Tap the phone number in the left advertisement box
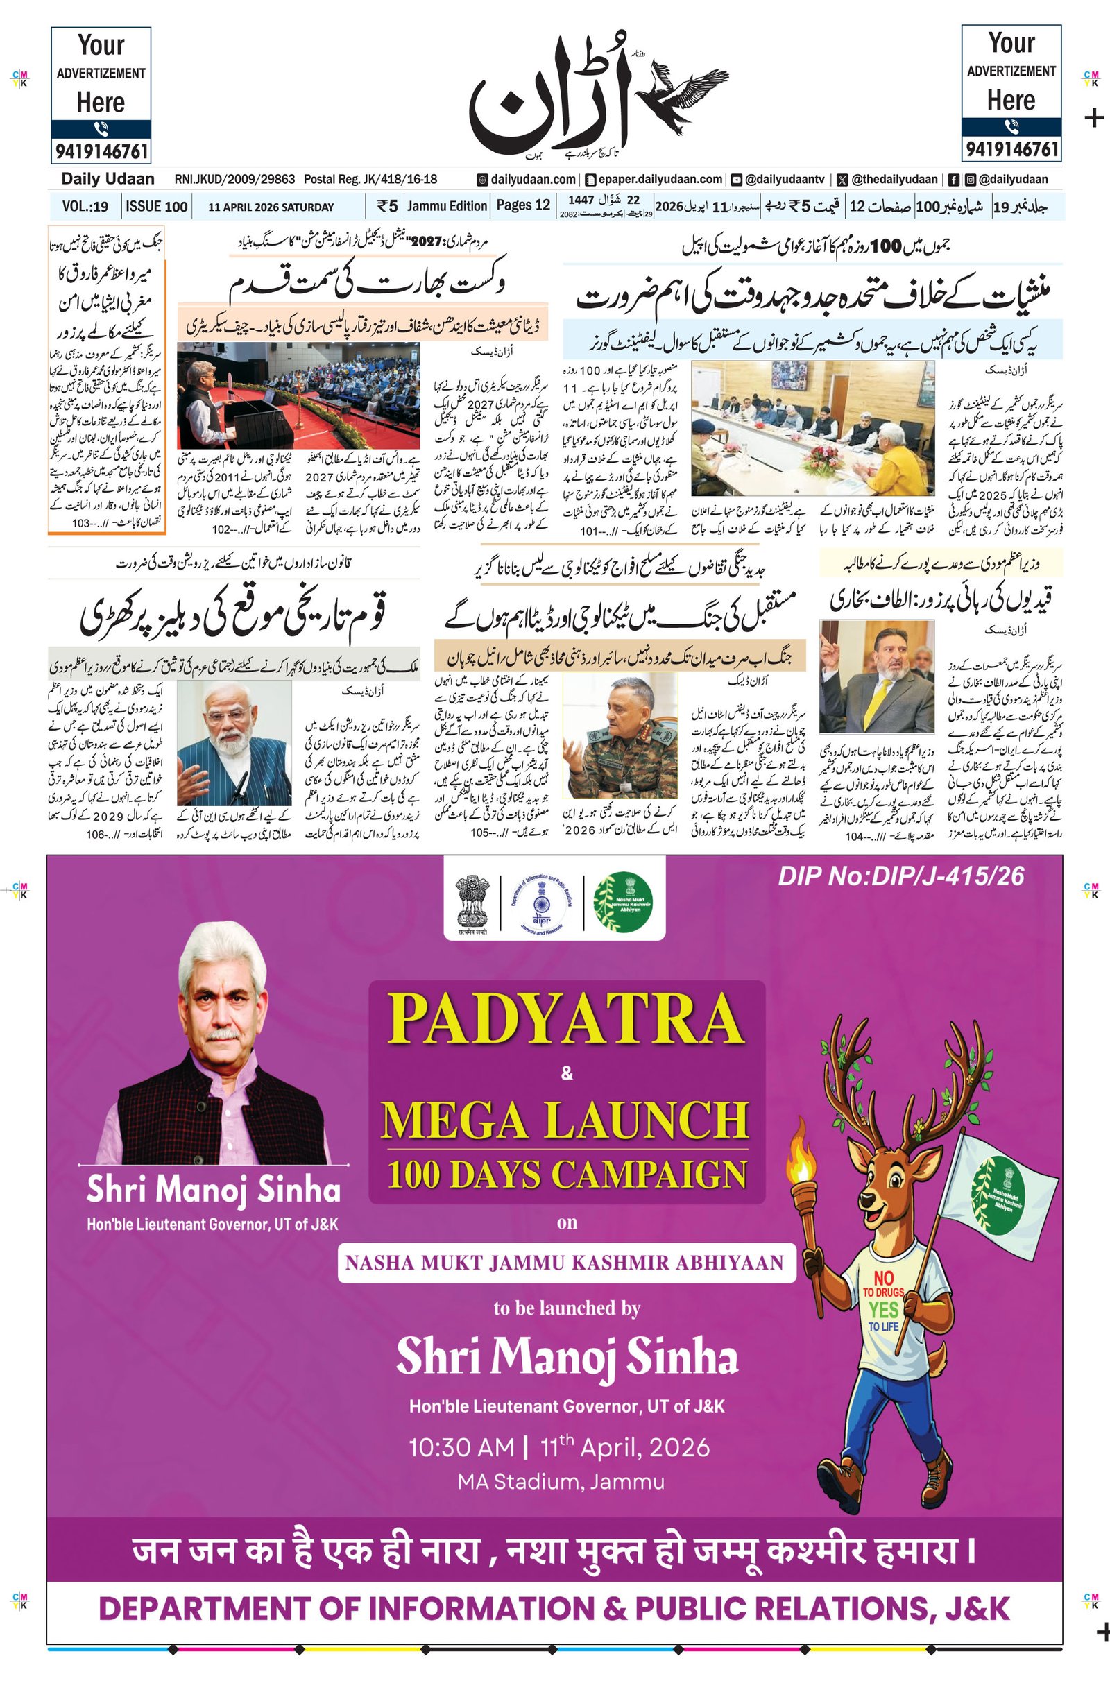(x=101, y=151)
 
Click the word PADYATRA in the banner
(x=566, y=1020)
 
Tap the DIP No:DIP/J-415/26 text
(x=900, y=876)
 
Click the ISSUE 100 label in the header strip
(x=157, y=207)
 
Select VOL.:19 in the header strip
(x=85, y=207)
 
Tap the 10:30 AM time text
(x=461, y=1447)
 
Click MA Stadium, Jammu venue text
(x=561, y=1481)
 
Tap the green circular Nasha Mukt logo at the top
(x=623, y=902)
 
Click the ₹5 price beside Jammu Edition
(x=387, y=207)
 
